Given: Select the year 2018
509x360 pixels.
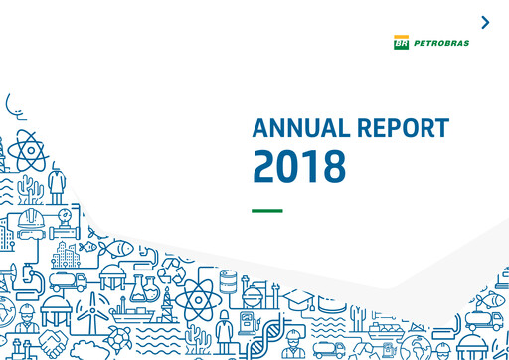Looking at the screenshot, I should pyautogui.click(x=299, y=166).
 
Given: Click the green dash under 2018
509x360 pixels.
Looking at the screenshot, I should pyautogui.click(x=267, y=210).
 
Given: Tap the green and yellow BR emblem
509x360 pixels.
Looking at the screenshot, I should pyautogui.click(x=401, y=43).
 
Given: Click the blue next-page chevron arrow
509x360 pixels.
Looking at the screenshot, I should pyautogui.click(x=485, y=22).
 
